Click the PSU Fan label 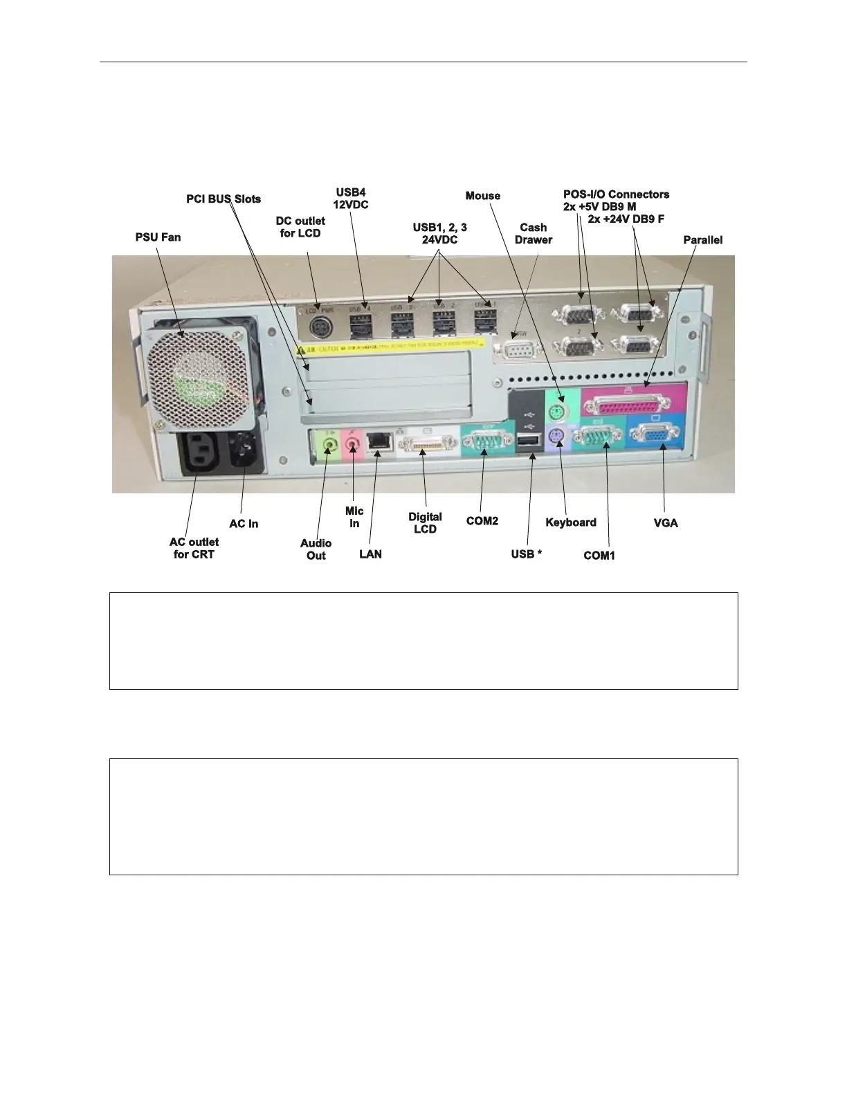[158, 237]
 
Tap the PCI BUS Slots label [224, 199]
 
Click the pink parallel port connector [632, 400]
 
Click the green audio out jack [329, 441]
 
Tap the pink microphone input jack [353, 441]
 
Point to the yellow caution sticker [394, 347]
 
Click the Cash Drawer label [533, 233]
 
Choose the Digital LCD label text [425, 523]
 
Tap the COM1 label [599, 556]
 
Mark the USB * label [527, 554]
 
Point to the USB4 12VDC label [351, 198]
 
